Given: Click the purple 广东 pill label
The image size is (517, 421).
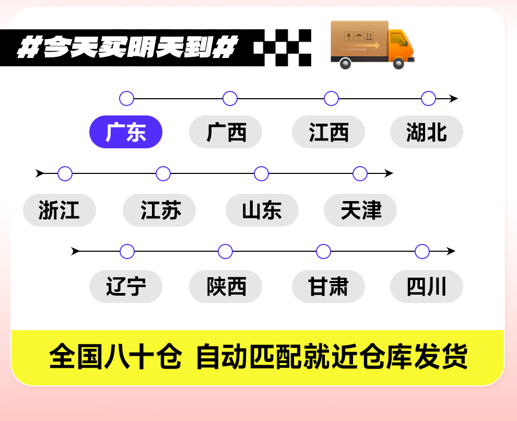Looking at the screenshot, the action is pos(126,132).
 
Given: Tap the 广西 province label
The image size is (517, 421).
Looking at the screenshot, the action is pos(226,132).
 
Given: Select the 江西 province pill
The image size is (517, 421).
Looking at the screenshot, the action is pos(328,132).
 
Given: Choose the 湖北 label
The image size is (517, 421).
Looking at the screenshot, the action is pos(427,132).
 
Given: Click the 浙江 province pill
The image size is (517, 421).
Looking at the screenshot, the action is pos(60,210).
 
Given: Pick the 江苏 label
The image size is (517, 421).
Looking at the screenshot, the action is pos(159,210).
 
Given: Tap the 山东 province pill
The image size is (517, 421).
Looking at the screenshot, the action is pos(262,210).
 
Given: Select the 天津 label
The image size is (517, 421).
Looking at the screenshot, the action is pos(360,210).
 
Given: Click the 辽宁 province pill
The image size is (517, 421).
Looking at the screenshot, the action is pos(126,287).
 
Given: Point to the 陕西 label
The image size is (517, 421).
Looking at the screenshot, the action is pos(226,287).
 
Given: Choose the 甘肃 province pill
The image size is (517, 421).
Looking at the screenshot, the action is pos(328,287).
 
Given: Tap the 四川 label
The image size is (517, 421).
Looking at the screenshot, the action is pos(427,287).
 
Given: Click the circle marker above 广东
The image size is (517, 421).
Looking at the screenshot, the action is pos(126,98).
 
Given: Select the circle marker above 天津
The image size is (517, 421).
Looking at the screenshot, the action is pos(360,173).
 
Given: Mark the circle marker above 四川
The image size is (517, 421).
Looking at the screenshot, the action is pos(422,251).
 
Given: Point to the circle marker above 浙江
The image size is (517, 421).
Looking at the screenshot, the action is pos(65,173).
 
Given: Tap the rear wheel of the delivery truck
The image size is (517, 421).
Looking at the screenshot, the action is pos(345,63).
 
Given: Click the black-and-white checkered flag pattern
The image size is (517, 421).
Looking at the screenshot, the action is pos(283,48).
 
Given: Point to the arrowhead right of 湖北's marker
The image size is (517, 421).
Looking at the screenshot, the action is pos(453,98).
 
